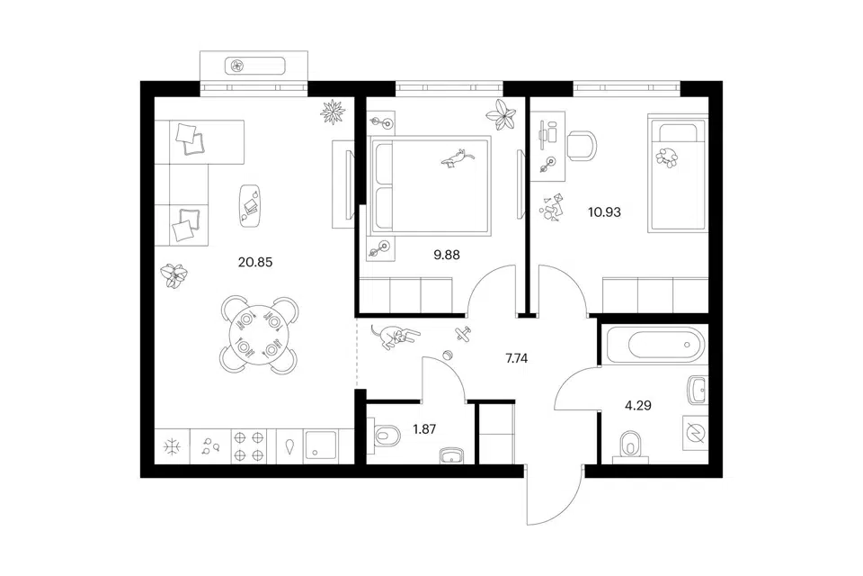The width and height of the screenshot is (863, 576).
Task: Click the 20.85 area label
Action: tap(254, 263)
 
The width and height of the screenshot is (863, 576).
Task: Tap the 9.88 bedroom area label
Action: tap(447, 256)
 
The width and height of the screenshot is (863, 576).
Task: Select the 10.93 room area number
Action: tap(604, 211)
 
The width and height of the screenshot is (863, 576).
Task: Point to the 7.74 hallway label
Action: tap(516, 358)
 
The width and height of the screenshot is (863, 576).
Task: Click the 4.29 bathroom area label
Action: tap(638, 406)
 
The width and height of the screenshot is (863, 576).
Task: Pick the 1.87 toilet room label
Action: tap(424, 428)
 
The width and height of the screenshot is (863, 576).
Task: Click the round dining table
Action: tap(259, 335)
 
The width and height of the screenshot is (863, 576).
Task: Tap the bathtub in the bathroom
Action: tap(654, 344)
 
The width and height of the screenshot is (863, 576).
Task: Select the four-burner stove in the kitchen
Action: tap(248, 446)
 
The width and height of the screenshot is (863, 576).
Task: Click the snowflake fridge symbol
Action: tap(173, 446)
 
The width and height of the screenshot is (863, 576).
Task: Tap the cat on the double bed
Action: tap(458, 157)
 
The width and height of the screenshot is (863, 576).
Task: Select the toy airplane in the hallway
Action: tap(464, 334)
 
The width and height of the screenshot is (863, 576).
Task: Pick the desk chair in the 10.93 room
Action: tap(582, 146)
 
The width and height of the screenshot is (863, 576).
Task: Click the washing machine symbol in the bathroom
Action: tap(696, 433)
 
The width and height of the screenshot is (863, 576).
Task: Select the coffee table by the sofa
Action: tap(250, 205)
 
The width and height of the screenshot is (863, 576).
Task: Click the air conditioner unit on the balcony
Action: tap(254, 66)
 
